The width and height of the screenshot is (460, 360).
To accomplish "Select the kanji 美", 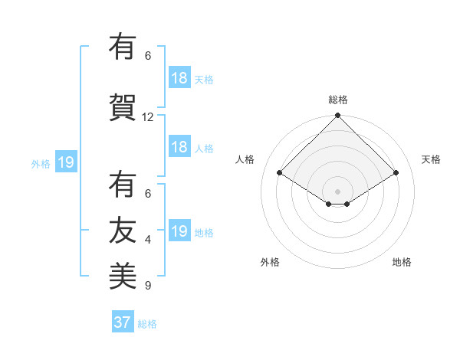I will point(123,274).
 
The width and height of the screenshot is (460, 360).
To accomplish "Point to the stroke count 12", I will point(148,117).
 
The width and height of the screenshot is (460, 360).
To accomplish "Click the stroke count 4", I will point(148,240).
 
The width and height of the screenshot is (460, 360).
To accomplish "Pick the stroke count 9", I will point(148,286).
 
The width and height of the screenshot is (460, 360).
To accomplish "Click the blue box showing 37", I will point(123,322).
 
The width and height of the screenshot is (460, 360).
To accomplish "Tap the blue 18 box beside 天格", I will point(179,78).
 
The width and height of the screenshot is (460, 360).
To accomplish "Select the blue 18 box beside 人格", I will point(179,147).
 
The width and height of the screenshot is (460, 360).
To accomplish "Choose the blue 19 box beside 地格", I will point(179,231).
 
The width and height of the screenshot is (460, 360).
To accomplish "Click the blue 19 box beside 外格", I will point(65,162).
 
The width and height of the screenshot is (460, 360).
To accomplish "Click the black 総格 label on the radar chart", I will point(338,100).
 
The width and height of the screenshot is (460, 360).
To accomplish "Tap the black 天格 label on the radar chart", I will point(432,159).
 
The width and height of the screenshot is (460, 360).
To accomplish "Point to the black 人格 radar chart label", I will point(245,159).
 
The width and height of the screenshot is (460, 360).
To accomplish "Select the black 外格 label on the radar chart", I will point(270,262).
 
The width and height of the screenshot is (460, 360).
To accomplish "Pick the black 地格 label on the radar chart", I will point(402,262).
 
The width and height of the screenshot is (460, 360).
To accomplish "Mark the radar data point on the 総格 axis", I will point(338,116).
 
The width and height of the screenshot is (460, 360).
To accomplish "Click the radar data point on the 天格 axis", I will point(396,173).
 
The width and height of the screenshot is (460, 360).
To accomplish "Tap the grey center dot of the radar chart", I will point(338,191).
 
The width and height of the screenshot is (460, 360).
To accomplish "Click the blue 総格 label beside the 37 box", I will point(147,324).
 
